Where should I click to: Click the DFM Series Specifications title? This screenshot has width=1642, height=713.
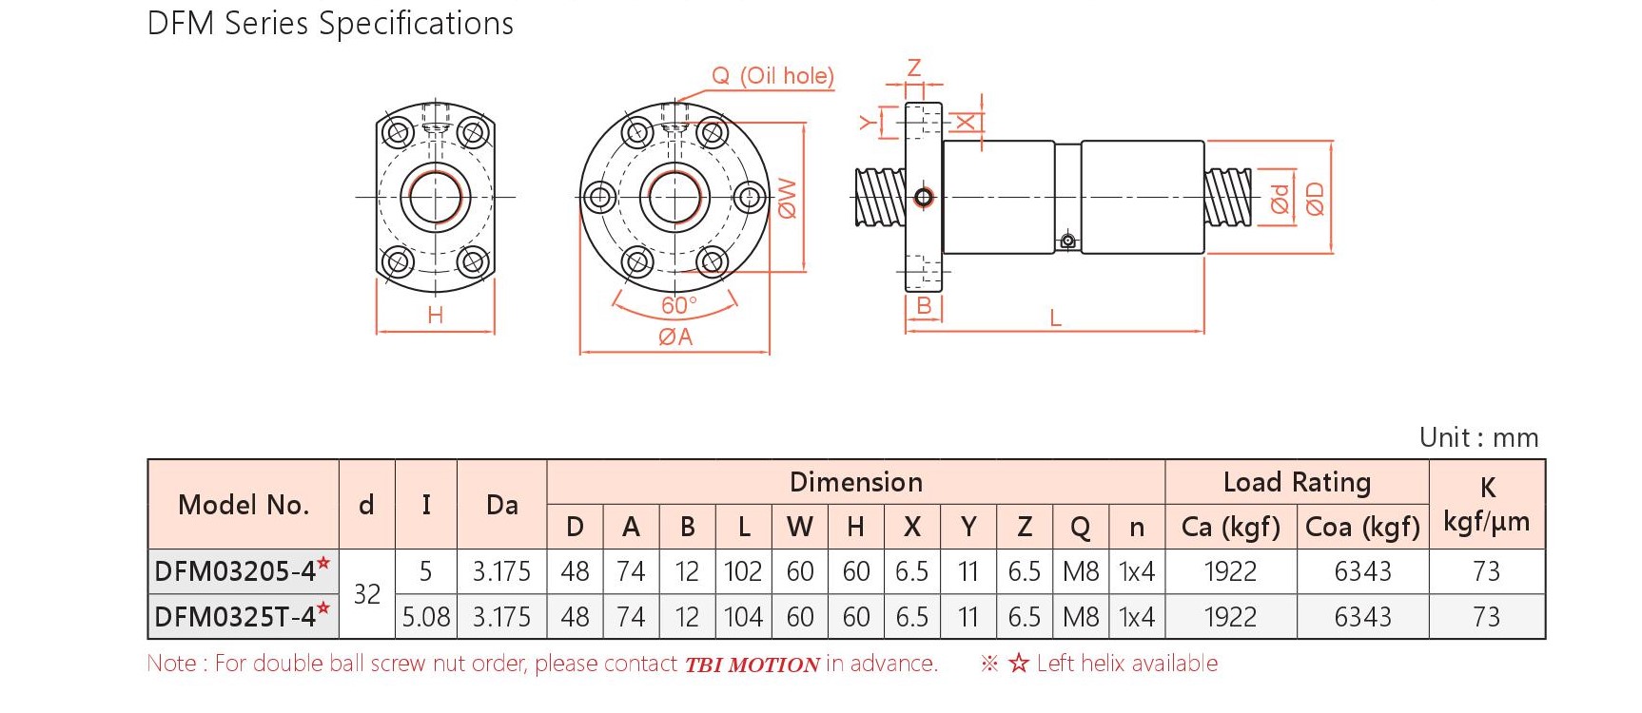(x=330, y=24)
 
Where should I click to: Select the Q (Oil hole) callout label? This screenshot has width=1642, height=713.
(x=772, y=76)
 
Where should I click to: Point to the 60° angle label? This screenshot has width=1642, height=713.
(x=679, y=305)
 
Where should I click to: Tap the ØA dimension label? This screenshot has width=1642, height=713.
(x=675, y=337)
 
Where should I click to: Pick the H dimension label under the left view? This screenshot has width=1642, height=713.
(x=436, y=316)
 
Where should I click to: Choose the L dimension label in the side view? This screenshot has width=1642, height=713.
(x=1055, y=318)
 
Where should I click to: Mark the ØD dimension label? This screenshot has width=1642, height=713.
(x=1315, y=200)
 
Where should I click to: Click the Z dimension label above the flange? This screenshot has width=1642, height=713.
(x=914, y=68)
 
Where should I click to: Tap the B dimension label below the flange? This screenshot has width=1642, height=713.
(x=924, y=306)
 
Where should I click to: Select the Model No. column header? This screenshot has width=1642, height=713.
(x=244, y=505)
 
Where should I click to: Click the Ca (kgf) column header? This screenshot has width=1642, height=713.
(x=1230, y=527)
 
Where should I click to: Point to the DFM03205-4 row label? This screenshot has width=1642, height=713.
(x=243, y=570)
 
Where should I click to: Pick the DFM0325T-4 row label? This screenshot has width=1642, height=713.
(x=243, y=616)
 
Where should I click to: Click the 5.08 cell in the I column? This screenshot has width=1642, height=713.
(x=426, y=617)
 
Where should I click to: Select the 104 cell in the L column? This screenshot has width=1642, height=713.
(x=743, y=617)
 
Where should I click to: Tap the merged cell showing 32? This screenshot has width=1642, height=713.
(x=367, y=594)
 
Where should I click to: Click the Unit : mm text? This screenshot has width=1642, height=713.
(x=1478, y=437)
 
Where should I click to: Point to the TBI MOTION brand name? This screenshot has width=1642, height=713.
(x=753, y=665)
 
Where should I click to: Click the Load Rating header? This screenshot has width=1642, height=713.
(x=1297, y=483)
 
